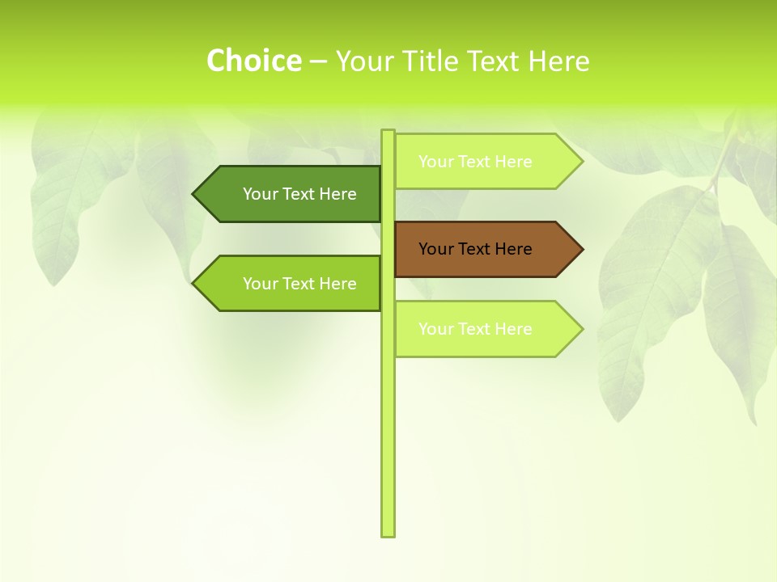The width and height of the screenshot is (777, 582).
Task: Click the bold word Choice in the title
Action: [253, 61]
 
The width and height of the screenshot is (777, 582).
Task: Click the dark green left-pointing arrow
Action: [287, 194]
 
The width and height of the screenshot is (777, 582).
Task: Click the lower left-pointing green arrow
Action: [287, 284]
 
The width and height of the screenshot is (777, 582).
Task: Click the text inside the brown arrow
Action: [475, 249]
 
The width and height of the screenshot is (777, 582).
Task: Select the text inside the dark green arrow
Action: [299, 194]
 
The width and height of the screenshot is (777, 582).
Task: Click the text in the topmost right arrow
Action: [475, 162]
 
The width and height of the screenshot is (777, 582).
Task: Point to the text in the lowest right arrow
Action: [475, 329]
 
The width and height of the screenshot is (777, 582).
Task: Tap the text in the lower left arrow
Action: [299, 284]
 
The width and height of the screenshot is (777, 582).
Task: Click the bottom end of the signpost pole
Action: [388, 533]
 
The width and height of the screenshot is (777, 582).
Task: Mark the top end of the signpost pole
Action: [388, 133]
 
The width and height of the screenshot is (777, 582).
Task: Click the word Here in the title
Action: [558, 61]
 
